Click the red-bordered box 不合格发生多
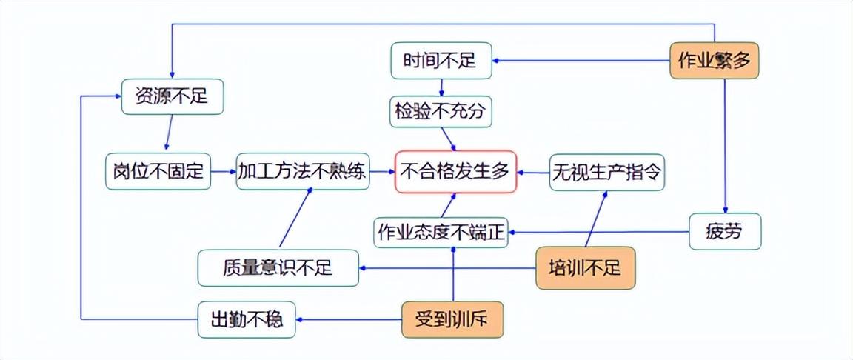click(455, 173)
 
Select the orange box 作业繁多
click(715, 61)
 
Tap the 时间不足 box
click(441, 61)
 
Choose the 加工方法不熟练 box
click(302, 173)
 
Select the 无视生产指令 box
click(606, 173)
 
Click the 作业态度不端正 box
click(441, 232)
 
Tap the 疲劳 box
click(724, 232)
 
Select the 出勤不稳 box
click(247, 320)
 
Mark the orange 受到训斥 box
click(452, 320)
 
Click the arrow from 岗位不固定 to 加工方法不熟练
click(223, 173)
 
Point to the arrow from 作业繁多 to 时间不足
click(581, 61)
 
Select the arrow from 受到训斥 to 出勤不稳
click(348, 320)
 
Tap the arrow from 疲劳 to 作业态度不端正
click(600, 232)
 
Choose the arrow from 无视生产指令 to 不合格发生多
click(532, 173)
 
